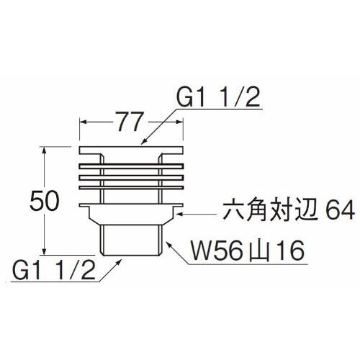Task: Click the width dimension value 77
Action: (x=130, y=121)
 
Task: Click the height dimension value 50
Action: (x=45, y=201)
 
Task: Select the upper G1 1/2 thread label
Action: (x=218, y=97)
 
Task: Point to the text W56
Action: (x=215, y=251)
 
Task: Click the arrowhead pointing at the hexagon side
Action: (x=180, y=213)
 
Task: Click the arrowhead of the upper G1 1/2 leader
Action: (x=144, y=142)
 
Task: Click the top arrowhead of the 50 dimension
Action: (x=44, y=150)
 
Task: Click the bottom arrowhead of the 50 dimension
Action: (x=44, y=250)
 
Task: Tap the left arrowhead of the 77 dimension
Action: (x=84, y=122)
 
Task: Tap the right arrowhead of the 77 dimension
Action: (x=179, y=122)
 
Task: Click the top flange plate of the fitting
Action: (x=131, y=150)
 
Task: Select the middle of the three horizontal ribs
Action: (x=131, y=178)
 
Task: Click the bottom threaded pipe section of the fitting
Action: (x=131, y=240)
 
